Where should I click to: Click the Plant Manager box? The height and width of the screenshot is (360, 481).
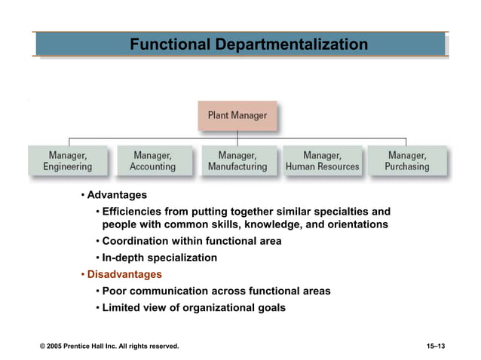[x=237, y=116]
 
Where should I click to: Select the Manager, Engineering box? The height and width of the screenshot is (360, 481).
[x=68, y=160]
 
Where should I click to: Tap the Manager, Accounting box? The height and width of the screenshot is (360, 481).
[x=152, y=160]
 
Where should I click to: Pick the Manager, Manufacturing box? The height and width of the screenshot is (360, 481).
[x=237, y=160]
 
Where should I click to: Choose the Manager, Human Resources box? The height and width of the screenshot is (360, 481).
[x=322, y=160]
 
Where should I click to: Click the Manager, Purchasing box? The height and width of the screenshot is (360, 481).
[x=406, y=160]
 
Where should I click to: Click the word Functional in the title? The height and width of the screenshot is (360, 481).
[x=170, y=44]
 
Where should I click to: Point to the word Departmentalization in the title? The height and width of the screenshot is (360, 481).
[x=292, y=44]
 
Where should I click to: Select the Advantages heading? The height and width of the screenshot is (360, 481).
[x=117, y=195]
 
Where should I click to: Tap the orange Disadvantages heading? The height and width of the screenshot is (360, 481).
[x=124, y=274]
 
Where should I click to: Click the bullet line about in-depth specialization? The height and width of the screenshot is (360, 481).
[x=159, y=258]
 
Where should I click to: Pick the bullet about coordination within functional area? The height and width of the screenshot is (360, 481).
[x=191, y=241]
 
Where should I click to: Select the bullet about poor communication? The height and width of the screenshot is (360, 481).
[x=216, y=291]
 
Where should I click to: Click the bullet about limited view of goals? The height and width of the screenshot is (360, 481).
[x=193, y=307]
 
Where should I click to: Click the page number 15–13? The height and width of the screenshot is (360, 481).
[x=436, y=346]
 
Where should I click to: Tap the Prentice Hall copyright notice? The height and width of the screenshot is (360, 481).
[x=109, y=346]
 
